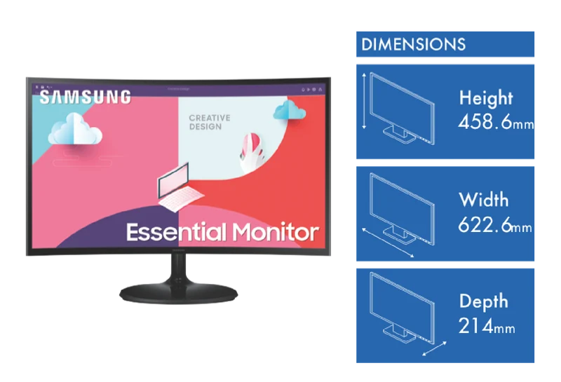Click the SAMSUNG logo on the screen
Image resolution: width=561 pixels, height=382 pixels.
(x=85, y=97)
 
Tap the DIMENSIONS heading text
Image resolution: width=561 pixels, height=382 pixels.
(x=413, y=45)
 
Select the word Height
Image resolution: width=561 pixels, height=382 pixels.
(x=486, y=97)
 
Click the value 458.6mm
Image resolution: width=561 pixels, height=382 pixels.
(x=496, y=122)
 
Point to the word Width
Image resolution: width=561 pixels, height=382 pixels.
(x=483, y=200)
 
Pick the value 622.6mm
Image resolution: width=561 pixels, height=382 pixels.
(x=495, y=225)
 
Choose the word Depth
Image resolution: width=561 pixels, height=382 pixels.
(x=483, y=301)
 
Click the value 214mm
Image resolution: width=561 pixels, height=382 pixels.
(x=487, y=326)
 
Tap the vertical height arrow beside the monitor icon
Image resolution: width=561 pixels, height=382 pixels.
(x=364, y=101)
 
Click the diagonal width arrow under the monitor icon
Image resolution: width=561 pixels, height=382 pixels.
(x=388, y=243)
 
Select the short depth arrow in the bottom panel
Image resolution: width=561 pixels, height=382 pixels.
(x=434, y=348)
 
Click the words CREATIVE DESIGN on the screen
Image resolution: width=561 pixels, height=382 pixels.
(x=209, y=123)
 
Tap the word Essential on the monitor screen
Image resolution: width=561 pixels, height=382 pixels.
(x=177, y=232)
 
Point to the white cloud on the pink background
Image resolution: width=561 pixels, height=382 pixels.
(x=75, y=129)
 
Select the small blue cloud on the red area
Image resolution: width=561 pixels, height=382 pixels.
(x=290, y=110)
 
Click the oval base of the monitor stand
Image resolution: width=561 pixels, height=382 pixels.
(x=179, y=293)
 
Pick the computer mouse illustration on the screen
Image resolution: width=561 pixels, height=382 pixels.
(x=252, y=151)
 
